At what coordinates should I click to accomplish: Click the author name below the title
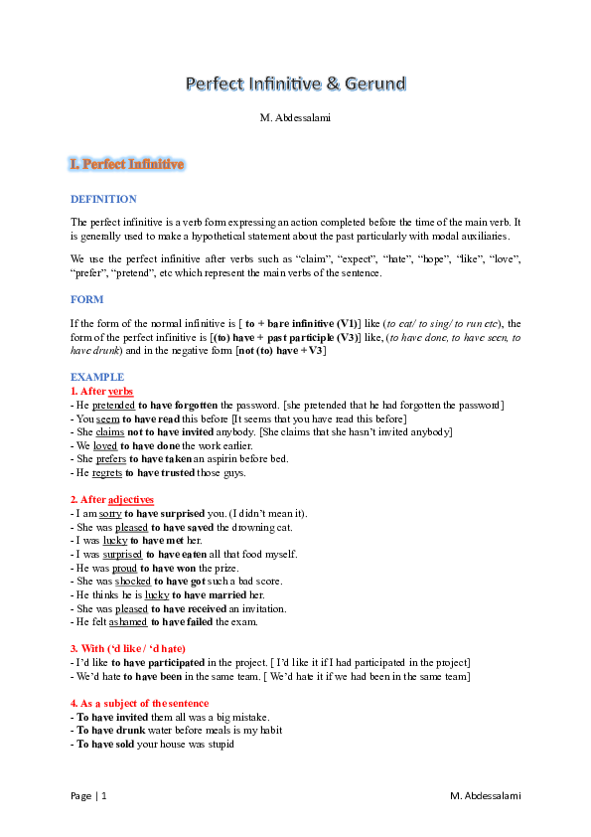coord(295,118)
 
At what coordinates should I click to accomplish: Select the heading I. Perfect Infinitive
coord(126,164)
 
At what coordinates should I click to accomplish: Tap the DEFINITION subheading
coord(103,199)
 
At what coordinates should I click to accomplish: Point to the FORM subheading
coord(86,299)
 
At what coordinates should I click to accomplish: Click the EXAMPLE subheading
coord(97,378)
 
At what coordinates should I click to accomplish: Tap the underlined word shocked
coord(132,581)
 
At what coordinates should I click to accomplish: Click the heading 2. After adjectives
coord(112,499)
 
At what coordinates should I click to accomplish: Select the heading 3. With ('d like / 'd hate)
coord(128,649)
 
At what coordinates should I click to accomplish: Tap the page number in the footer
coord(89,796)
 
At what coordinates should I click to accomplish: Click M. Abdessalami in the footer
coord(485,796)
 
